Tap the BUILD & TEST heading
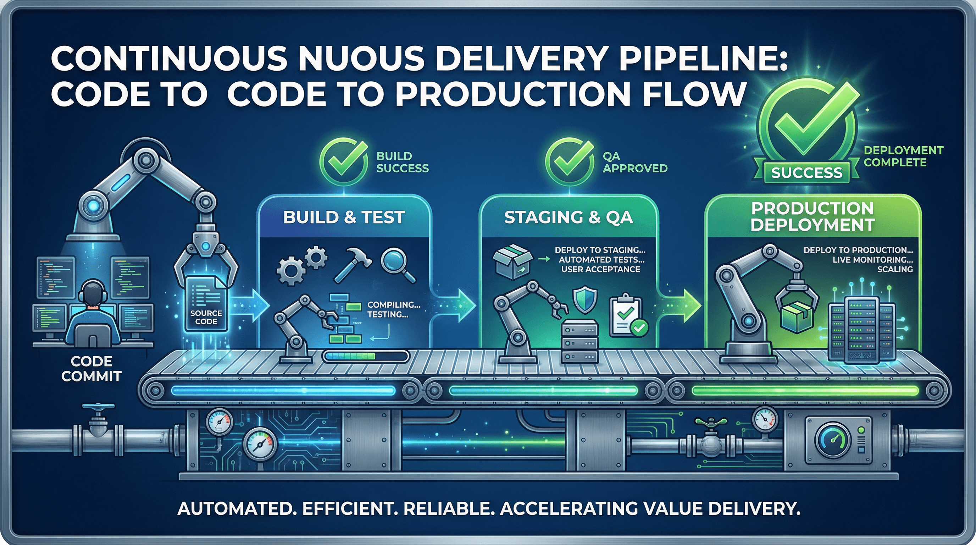pos(344,218)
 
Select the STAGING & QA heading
pos(568,218)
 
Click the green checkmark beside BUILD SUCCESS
pos(343,161)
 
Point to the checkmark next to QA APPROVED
pos(569,161)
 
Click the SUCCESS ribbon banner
pos(806,173)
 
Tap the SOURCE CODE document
pos(206,303)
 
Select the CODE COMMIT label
pos(91,369)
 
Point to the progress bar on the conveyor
pos(366,356)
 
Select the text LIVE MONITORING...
pos(872,260)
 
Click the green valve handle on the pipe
pos(711,422)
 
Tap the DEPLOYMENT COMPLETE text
pos(903,156)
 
